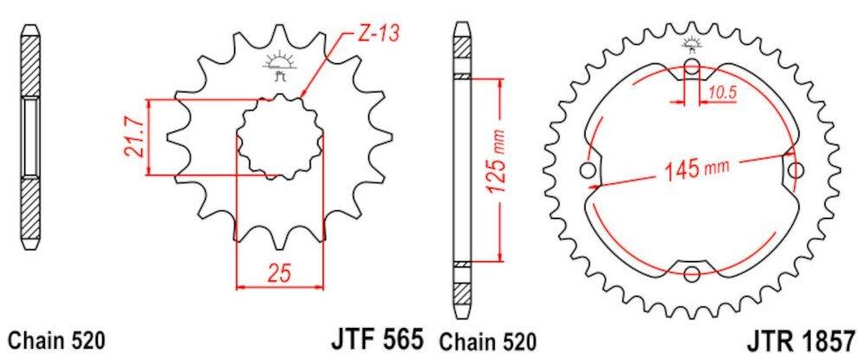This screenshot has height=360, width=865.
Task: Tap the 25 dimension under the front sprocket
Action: [x=279, y=274]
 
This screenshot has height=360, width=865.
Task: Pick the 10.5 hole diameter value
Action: [x=722, y=90]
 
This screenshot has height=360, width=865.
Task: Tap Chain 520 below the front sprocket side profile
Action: [x=57, y=339]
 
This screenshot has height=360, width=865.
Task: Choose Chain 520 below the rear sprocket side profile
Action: [x=490, y=339]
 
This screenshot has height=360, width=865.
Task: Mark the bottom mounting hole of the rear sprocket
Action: [x=692, y=274]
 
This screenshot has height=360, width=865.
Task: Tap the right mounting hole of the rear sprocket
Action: [x=794, y=171]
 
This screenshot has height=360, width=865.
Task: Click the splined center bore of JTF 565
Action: [x=279, y=138]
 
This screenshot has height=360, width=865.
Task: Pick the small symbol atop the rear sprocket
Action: [x=692, y=44]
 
